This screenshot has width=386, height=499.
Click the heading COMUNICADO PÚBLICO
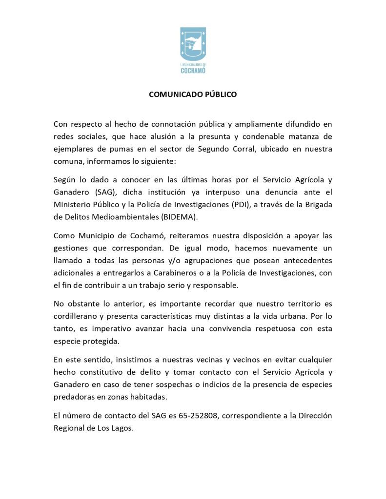(x=193, y=95)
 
